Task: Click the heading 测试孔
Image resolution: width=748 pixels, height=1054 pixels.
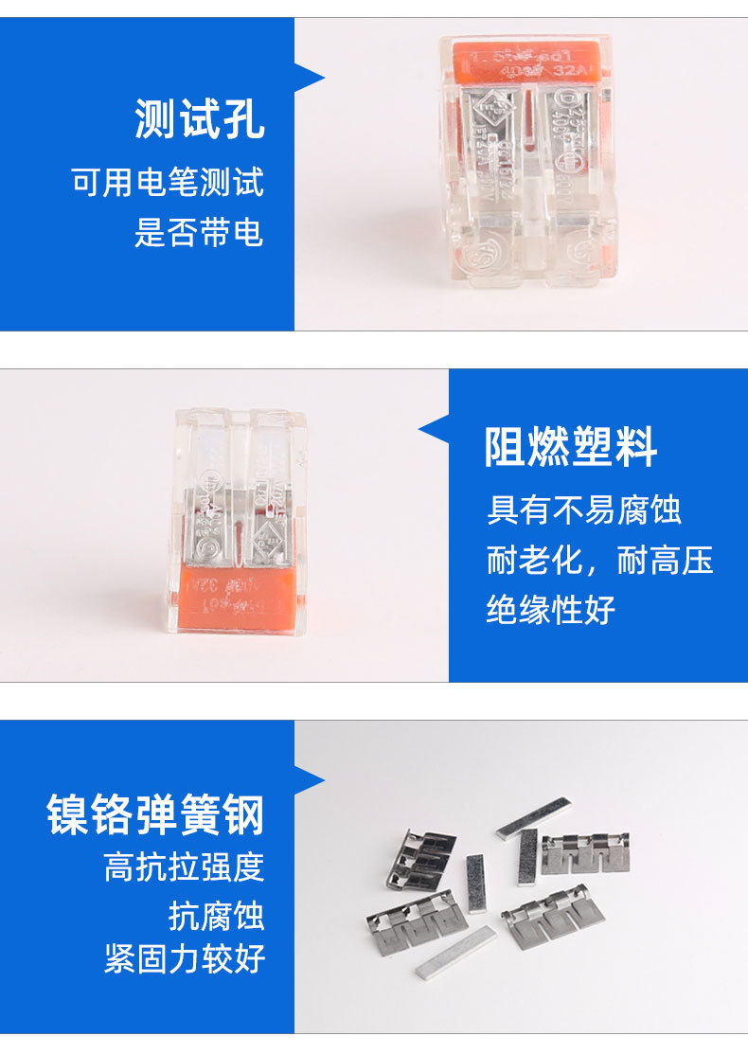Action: (199, 120)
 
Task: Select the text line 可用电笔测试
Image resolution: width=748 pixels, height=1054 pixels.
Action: (168, 181)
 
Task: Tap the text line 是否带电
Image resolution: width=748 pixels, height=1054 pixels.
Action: (198, 232)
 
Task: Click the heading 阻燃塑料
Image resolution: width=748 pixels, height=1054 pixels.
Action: (571, 446)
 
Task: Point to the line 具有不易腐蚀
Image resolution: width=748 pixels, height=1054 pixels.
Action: (583, 510)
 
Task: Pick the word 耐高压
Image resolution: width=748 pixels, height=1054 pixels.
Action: (665, 560)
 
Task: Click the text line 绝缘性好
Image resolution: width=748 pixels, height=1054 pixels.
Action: (551, 609)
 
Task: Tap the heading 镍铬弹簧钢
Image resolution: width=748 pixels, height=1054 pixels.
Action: (156, 814)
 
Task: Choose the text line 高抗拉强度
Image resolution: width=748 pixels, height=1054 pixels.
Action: (184, 866)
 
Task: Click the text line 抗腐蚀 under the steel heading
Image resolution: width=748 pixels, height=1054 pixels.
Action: (217, 915)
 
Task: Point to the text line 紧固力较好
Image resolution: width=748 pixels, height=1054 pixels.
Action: (184, 958)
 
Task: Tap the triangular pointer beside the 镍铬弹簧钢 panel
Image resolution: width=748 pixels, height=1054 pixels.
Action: (310, 780)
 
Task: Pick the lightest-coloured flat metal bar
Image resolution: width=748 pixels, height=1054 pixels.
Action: (455, 953)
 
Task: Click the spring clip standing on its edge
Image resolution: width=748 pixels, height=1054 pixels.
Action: (421, 856)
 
